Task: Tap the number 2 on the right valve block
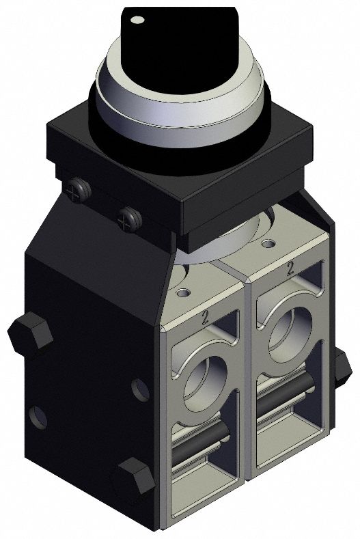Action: [291, 267]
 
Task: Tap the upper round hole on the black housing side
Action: [140, 389]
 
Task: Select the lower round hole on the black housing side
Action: [38, 416]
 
